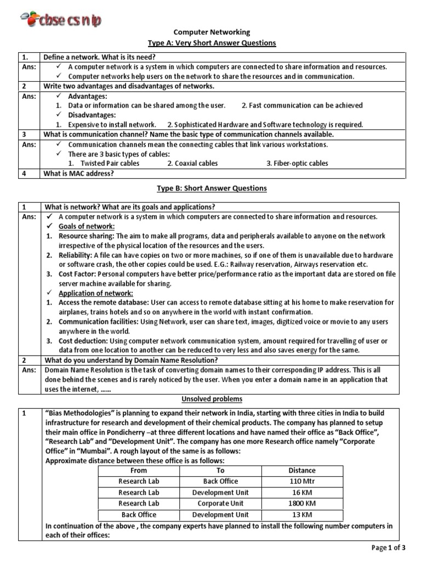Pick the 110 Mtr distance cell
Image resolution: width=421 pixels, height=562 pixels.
[301, 481]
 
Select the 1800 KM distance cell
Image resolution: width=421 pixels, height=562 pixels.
[301, 503]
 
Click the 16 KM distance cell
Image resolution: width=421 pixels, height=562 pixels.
[301, 492]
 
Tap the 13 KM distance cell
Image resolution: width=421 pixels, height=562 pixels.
[301, 515]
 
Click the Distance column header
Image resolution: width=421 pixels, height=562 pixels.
[301, 470]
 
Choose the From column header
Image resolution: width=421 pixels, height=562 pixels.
[139, 470]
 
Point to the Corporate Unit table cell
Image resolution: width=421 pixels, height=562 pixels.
[220, 503]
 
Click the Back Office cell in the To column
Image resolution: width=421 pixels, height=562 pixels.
[220, 481]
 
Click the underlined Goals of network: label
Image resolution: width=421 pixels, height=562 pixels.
[83, 227]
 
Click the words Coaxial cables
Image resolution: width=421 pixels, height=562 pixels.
[192, 163]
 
